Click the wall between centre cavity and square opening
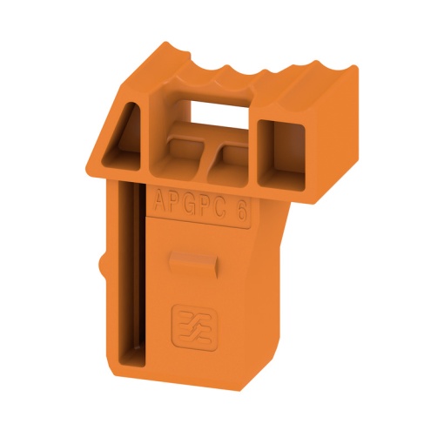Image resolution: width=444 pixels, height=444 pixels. [x=259, y=148]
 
